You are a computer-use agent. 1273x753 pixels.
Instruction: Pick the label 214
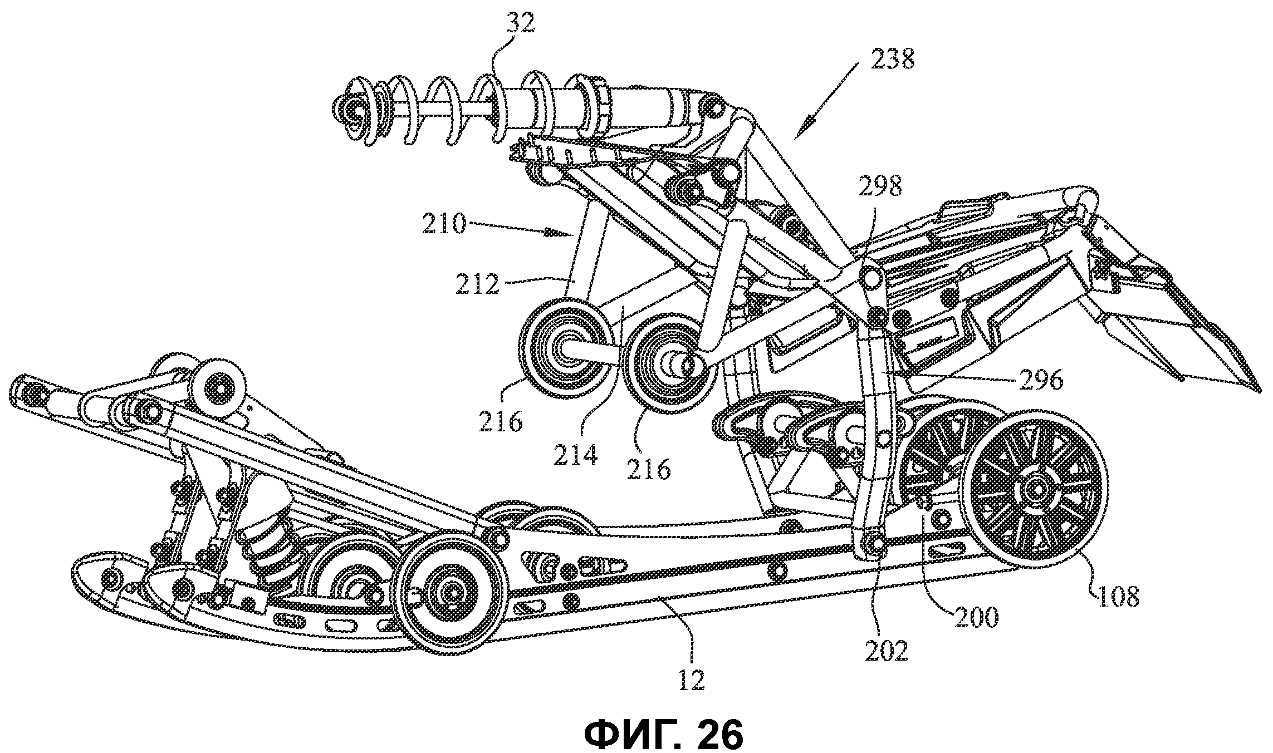(575, 455)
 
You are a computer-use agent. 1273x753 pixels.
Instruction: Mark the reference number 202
(887, 649)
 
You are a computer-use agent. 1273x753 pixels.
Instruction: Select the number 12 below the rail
(692, 680)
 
